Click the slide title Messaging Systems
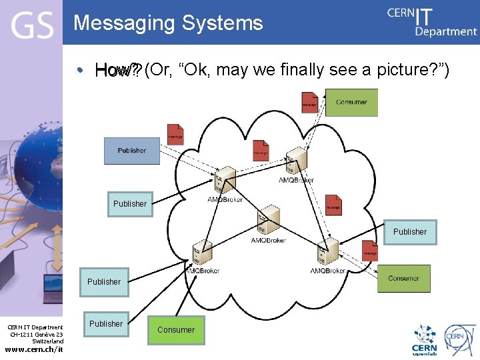click(168, 23)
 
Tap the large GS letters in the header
click(31, 27)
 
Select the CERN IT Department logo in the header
click(432, 22)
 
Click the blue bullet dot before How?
click(80, 70)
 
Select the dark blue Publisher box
click(132, 151)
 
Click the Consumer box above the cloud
click(351, 103)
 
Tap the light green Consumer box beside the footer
click(176, 329)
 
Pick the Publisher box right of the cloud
click(409, 232)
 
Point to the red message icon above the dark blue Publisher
click(175, 135)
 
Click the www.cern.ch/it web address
click(34, 350)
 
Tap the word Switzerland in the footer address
click(48, 341)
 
